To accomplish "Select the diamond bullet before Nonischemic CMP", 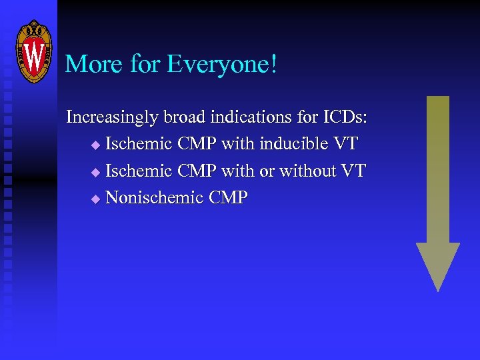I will (95, 199).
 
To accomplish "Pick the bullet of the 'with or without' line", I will (95, 172).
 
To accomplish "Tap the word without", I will (307, 171).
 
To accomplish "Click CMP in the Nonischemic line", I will (228, 197).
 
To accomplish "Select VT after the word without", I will (353, 171).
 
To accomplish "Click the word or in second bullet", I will (267, 172).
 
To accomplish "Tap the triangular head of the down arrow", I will (438, 263).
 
